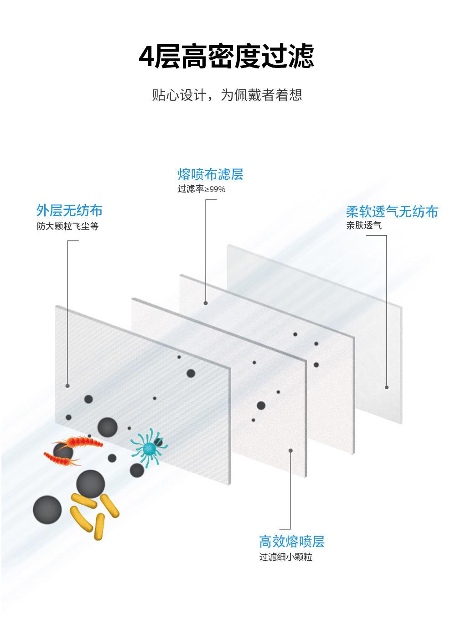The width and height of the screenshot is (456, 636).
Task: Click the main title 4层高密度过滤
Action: [227, 57]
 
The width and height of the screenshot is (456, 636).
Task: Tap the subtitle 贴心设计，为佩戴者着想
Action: [227, 95]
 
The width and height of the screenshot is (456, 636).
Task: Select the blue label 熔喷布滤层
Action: [210, 174]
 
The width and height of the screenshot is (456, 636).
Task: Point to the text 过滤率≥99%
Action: [201, 189]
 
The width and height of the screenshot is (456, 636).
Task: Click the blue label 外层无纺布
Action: [69, 210]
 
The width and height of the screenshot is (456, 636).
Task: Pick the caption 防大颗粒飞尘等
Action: [67, 226]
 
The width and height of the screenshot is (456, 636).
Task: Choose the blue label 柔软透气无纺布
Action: [392, 211]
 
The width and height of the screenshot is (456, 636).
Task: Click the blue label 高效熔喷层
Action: [292, 542]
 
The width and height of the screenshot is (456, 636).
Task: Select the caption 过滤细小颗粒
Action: [286, 557]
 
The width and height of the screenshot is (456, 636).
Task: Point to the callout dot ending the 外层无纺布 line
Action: [67, 386]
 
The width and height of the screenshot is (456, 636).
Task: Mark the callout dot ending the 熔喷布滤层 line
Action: [206, 303]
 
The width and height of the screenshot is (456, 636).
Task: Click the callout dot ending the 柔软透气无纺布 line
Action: [387, 387]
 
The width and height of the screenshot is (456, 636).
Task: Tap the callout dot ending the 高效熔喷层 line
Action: [290, 450]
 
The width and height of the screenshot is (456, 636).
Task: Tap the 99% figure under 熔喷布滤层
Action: [217, 189]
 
